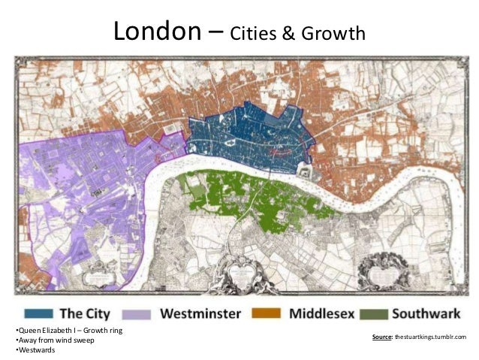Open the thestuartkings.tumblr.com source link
(x=430, y=337)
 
